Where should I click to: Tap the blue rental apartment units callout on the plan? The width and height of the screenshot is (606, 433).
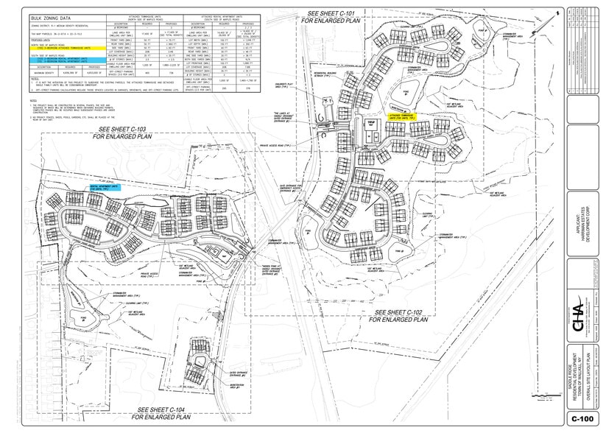tap(103, 188)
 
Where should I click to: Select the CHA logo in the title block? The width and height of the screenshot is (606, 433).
tap(578, 318)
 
